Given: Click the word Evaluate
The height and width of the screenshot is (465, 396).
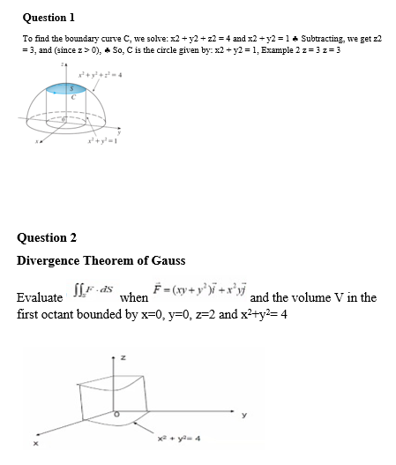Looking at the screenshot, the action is point(40,298).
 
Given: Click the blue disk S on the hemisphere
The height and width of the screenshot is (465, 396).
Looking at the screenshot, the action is point(64,89).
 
